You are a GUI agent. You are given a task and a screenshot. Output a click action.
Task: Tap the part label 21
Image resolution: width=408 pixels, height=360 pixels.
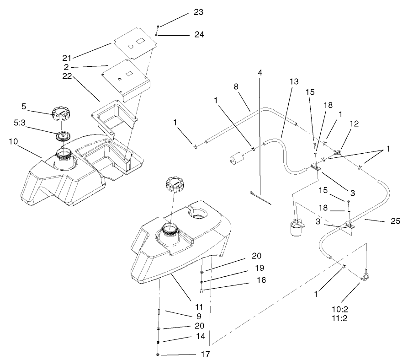click(x=68, y=58)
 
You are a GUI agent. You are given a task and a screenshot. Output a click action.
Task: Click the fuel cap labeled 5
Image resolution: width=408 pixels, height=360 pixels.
click(x=61, y=113)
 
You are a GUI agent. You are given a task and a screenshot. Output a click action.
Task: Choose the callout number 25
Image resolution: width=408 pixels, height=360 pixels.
click(x=395, y=222)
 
